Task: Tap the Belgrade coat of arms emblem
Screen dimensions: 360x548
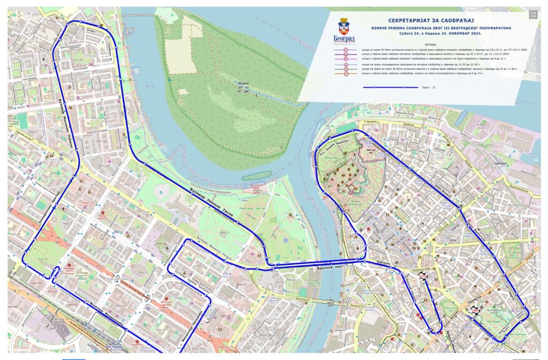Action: (x=345, y=26)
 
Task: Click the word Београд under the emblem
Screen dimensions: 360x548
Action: (x=345, y=39)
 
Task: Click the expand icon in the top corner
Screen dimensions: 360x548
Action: (x=533, y=16)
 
